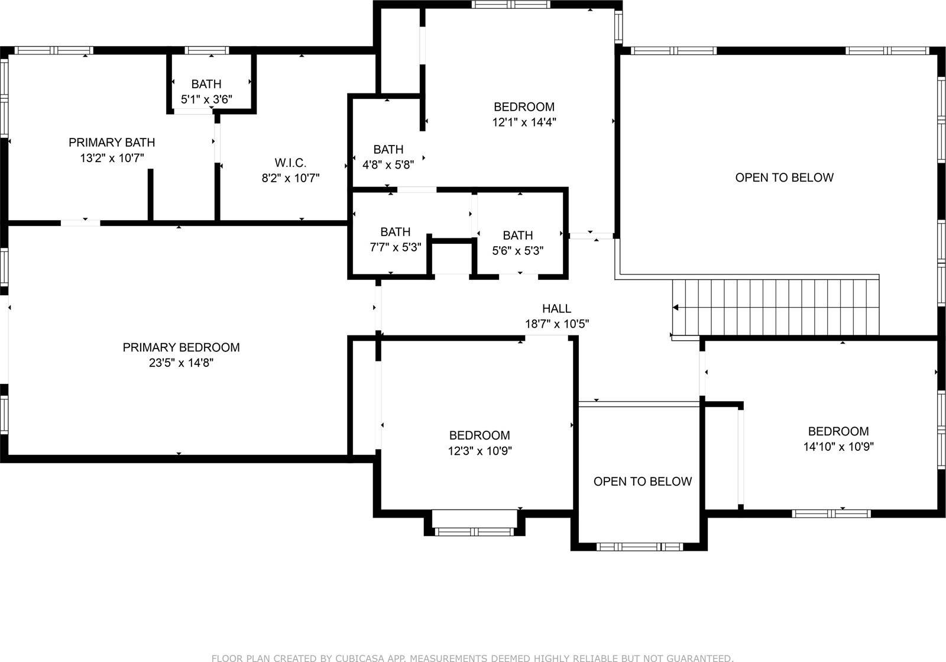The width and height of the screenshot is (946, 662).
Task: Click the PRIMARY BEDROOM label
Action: [181, 347]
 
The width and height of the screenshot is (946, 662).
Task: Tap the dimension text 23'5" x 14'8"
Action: [181, 363]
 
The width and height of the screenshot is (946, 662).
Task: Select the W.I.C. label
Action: [290, 163]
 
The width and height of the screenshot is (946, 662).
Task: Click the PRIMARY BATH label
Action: [112, 142]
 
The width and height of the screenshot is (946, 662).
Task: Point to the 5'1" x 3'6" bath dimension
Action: [206, 99]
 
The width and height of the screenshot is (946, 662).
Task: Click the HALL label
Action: [556, 308]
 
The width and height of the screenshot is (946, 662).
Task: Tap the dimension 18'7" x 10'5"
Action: [556, 324]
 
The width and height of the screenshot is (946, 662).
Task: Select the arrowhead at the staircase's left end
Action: [675, 307]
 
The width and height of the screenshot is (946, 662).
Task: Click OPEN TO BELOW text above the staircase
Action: [784, 177]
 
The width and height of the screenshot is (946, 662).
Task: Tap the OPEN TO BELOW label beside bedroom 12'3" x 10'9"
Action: [642, 481]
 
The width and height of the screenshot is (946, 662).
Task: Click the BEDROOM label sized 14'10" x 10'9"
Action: [838, 431]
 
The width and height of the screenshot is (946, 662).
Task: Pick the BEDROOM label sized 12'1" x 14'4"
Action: [524, 107]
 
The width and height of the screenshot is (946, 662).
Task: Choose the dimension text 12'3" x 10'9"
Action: [480, 451]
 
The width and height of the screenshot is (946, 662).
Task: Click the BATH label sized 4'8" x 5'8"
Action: [388, 149]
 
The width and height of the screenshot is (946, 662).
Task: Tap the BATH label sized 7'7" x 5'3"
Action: [395, 231]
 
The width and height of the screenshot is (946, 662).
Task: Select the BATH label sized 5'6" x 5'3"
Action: [517, 235]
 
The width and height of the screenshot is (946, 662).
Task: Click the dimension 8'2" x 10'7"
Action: [290, 178]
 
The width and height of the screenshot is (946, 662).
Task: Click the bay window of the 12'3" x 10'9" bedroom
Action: [475, 531]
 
